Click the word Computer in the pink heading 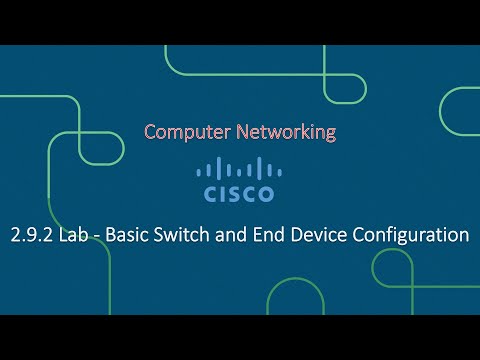pos(185,131)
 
